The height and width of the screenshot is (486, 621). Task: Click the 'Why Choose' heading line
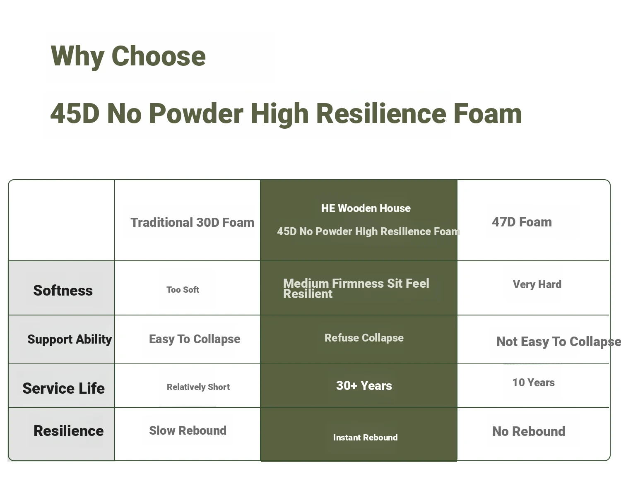(x=128, y=56)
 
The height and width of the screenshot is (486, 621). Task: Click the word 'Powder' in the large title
(x=196, y=113)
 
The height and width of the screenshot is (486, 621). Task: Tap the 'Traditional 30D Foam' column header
(x=193, y=223)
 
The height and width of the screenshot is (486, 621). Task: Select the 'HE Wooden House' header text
(x=366, y=208)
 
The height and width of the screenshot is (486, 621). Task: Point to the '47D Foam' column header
(x=522, y=222)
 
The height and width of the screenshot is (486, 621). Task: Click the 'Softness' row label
(x=63, y=291)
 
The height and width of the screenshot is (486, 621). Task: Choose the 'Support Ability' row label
(x=70, y=340)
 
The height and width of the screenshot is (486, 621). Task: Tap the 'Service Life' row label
(x=64, y=388)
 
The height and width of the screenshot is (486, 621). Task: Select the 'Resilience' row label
(x=69, y=431)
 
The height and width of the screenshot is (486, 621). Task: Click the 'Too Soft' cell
(x=183, y=290)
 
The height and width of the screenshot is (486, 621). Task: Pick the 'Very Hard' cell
(x=537, y=284)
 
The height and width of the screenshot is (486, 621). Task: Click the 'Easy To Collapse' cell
(x=195, y=339)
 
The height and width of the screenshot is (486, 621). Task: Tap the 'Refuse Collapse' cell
(x=364, y=338)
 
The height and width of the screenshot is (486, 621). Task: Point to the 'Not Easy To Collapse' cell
(x=558, y=342)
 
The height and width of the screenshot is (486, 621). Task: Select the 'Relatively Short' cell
(x=198, y=387)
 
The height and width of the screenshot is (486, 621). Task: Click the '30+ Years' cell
(x=364, y=386)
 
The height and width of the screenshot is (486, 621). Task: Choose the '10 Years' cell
(x=534, y=383)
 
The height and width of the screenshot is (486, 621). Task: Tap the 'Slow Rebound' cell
(x=188, y=431)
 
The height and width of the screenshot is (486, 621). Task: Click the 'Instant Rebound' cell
(x=366, y=438)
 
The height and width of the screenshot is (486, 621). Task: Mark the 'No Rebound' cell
(x=529, y=431)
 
